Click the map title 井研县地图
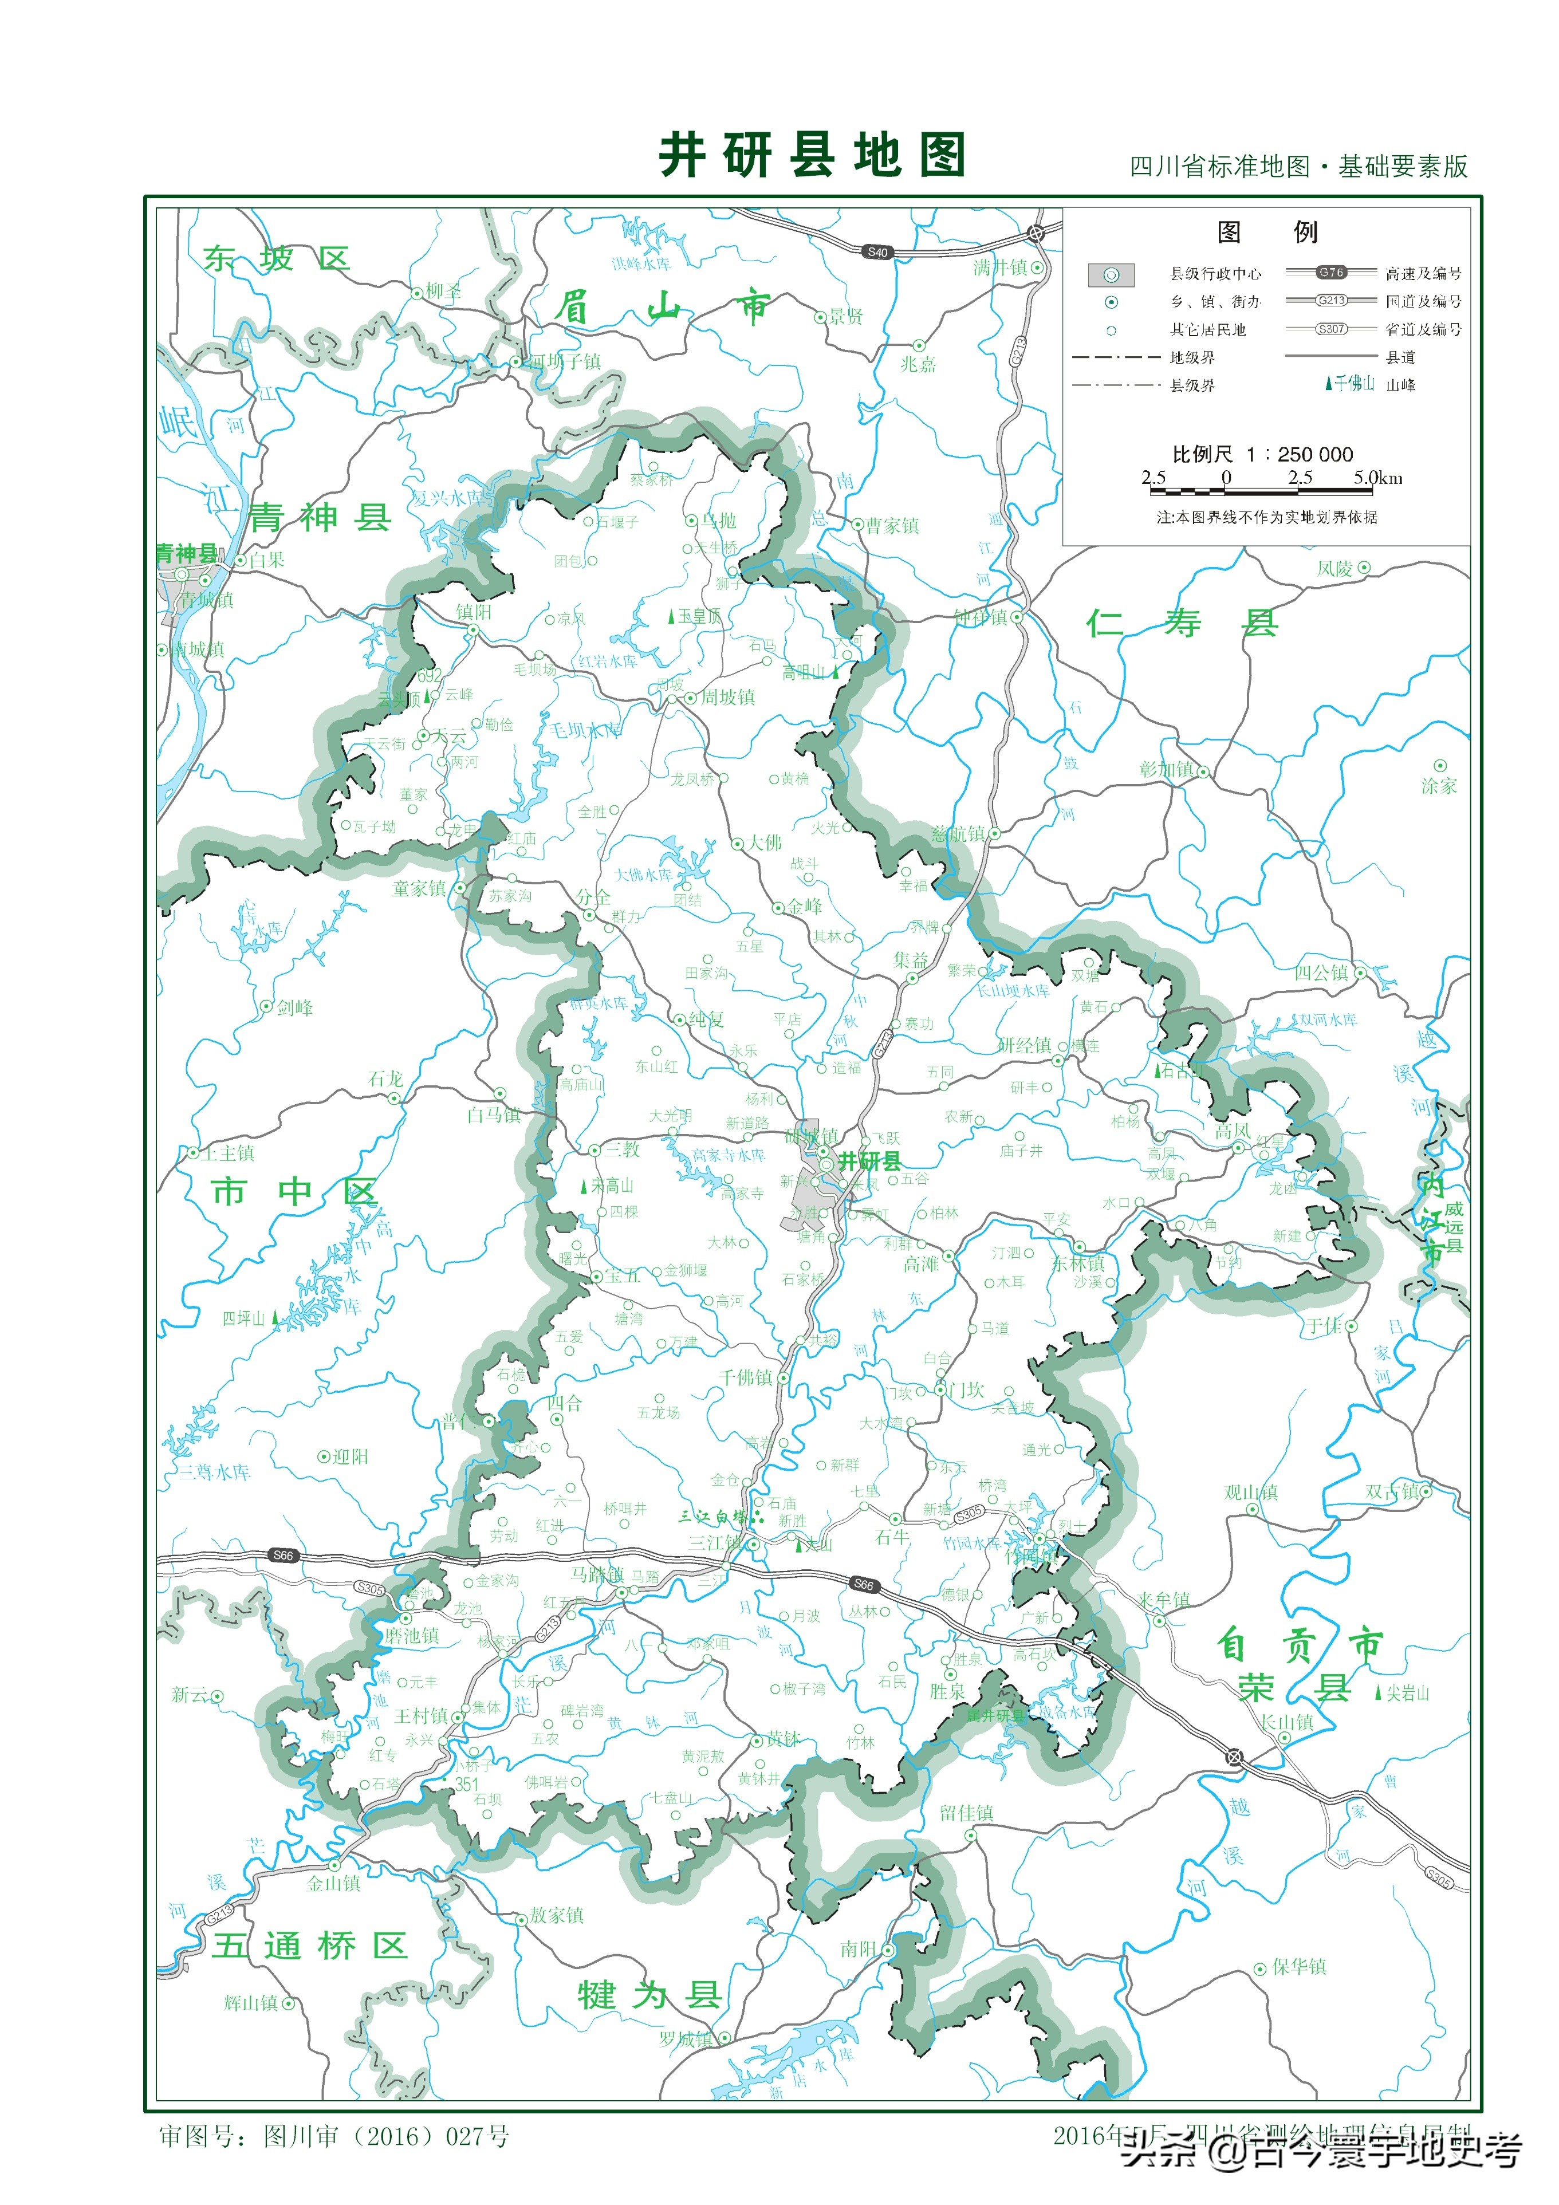pos(812,156)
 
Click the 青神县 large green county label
pos(320,518)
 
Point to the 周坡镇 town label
pos(727,697)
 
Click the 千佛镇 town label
pos(745,1377)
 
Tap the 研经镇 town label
pos(1024,1045)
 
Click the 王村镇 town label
pos(421,1715)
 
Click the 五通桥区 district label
pos(310,1946)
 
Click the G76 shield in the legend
pos(1332,273)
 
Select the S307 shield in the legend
pos(1332,328)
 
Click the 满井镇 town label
pos(1000,268)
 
